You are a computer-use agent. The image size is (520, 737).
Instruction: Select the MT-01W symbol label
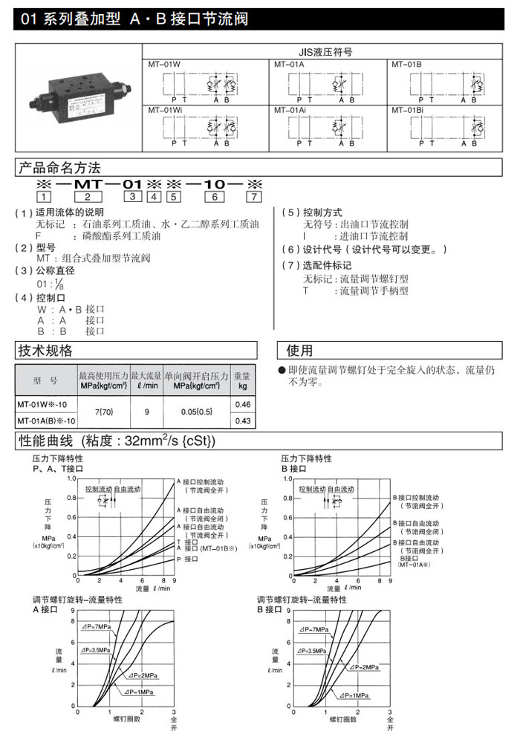coord(166,65)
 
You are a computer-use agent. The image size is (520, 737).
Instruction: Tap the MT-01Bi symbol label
coord(408,109)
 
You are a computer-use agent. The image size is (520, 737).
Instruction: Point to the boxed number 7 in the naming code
coord(254,197)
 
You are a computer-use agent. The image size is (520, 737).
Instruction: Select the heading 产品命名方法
coord(59,167)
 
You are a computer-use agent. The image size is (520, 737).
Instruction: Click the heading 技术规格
coord(45,350)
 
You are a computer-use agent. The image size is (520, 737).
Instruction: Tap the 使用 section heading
coord(300,350)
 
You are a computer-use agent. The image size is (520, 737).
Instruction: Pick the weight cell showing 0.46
coord(242,404)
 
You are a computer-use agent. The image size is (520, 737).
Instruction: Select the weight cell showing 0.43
coord(242,421)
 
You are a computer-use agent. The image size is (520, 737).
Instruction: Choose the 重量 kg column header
coord(242,380)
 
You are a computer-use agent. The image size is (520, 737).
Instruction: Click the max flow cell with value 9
coord(146,412)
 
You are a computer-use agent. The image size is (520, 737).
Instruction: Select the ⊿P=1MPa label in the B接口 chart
coord(354,695)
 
